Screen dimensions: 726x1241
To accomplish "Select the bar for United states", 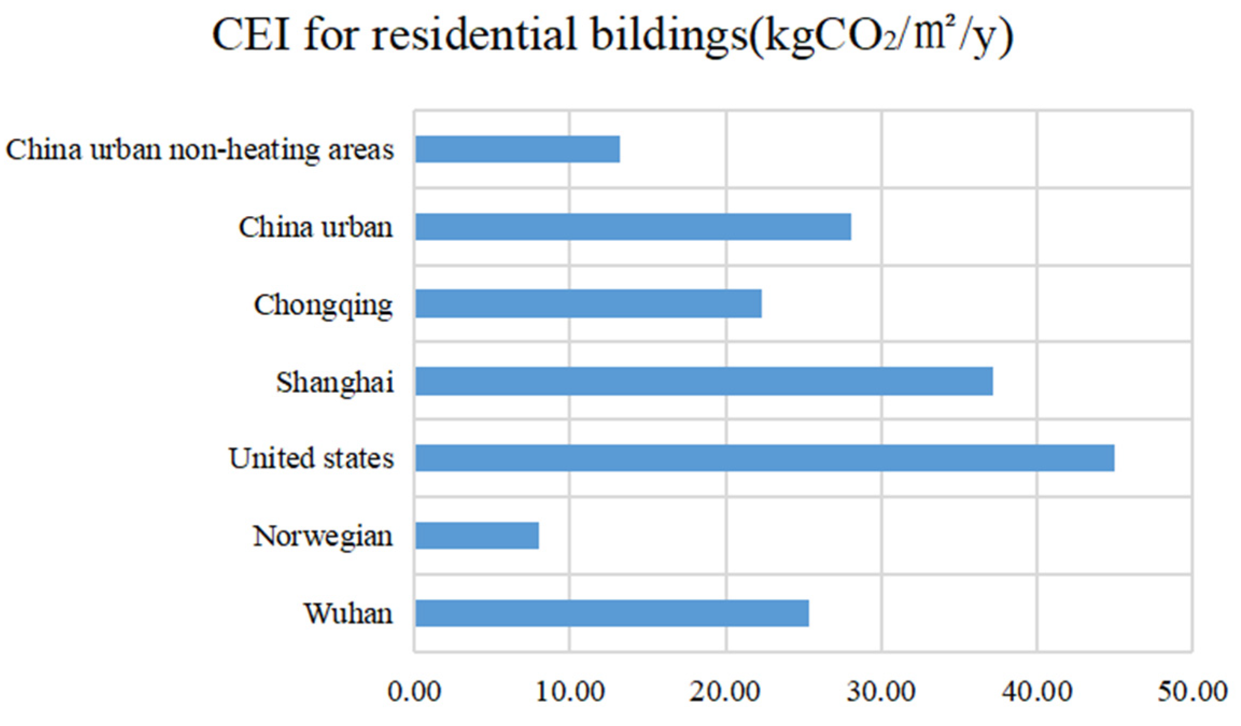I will [x=764, y=458].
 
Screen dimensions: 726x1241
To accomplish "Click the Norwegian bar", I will [x=477, y=536].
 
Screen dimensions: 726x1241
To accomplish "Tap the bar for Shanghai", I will [x=703, y=381].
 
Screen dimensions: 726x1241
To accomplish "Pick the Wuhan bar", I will [x=611, y=613].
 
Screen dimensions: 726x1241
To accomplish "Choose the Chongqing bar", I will [x=588, y=303].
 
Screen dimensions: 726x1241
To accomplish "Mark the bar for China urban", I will [x=633, y=226].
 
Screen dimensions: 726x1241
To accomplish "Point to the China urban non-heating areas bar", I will [x=517, y=149].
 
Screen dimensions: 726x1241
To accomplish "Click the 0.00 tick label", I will [x=414, y=691].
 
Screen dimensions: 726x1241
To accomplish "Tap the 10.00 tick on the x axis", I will [x=570, y=691].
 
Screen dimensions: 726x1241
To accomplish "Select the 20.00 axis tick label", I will [x=725, y=691].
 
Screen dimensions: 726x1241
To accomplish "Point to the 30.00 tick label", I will [x=881, y=691].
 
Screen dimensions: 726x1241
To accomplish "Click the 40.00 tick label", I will [x=1036, y=691].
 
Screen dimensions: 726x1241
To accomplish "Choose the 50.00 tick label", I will [x=1192, y=691].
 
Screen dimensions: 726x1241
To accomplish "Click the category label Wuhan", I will [x=349, y=613].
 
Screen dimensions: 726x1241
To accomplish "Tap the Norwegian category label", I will [x=323, y=536].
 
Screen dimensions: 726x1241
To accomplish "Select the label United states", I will [x=311, y=458].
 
